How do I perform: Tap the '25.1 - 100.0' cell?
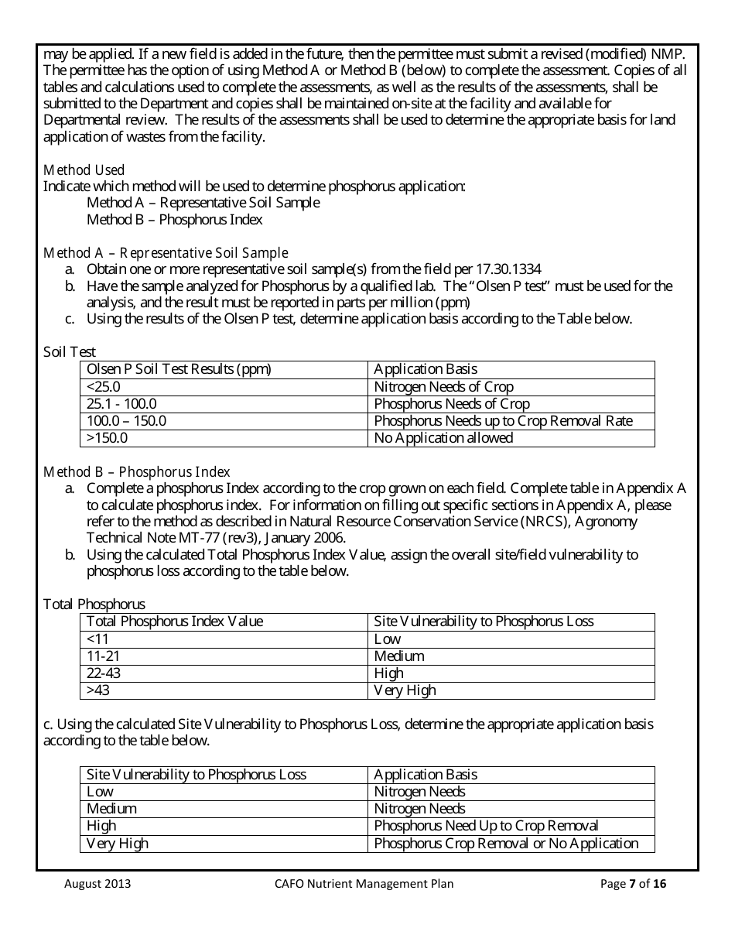(x=121, y=404)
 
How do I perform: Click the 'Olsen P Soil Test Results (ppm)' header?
(x=179, y=370)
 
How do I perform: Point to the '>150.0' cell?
(x=107, y=438)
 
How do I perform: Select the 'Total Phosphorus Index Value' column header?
(x=175, y=622)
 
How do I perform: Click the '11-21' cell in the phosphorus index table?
(x=102, y=656)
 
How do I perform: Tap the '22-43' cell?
(x=104, y=673)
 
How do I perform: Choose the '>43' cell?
(x=98, y=690)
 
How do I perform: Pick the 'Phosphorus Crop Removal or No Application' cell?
(x=506, y=844)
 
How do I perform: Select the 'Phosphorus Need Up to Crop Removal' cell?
(x=486, y=827)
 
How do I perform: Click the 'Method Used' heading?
(x=84, y=170)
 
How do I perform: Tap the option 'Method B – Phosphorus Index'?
(x=174, y=220)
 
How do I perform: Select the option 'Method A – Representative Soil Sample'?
(x=203, y=203)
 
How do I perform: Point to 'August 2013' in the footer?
(x=97, y=884)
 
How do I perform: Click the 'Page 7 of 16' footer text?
(x=633, y=884)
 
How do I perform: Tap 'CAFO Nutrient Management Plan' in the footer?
(x=364, y=884)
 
